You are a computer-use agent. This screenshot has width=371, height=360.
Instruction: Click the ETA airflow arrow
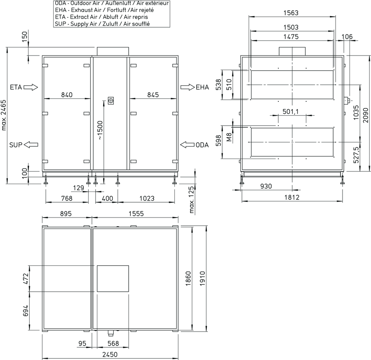[31, 87]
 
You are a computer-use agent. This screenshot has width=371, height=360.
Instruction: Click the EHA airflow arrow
[188, 87]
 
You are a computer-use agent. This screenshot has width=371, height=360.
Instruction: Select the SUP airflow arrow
[31, 145]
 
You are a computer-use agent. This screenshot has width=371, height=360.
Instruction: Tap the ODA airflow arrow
[188, 145]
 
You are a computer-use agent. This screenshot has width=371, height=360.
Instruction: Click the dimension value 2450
[110, 355]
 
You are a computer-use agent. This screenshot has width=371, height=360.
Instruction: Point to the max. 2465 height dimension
[4, 115]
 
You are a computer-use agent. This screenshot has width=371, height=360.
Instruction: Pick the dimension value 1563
[291, 13]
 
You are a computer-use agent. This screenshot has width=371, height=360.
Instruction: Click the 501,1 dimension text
[291, 111]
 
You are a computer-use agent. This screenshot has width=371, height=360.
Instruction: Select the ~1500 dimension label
[100, 130]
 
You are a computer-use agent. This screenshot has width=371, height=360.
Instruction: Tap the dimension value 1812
[292, 197]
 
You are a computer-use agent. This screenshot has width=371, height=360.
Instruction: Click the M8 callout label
[229, 137]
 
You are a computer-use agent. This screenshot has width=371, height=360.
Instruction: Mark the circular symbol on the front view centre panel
[111, 101]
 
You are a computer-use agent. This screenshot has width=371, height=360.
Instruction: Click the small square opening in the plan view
[113, 278]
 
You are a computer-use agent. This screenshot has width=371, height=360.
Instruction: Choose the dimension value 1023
[147, 198]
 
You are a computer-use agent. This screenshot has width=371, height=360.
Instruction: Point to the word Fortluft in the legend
[116, 10]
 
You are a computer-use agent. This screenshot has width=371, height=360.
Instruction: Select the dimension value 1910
[202, 278]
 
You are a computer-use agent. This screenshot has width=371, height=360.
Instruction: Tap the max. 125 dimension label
[192, 200]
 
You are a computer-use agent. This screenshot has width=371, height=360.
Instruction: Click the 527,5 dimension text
[356, 155]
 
